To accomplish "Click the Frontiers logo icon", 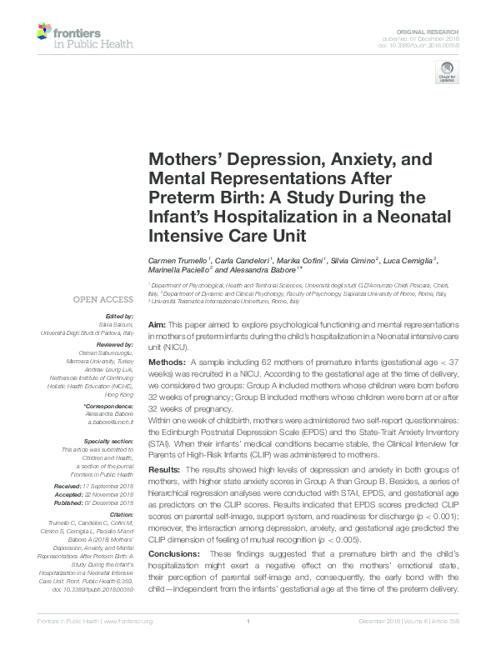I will [43, 32].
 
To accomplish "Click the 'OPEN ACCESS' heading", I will [103, 298].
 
